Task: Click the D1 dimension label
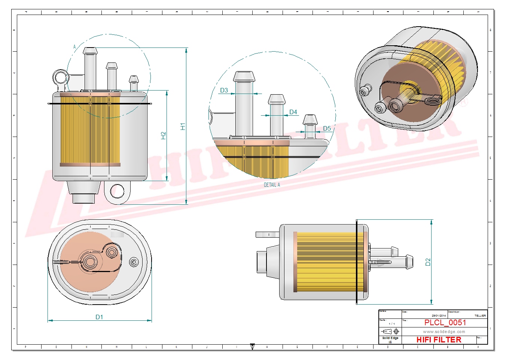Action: (x=99, y=317)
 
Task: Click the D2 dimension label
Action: (x=428, y=262)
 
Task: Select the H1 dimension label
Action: (x=183, y=126)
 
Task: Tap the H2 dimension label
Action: (x=163, y=135)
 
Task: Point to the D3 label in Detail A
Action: (x=224, y=90)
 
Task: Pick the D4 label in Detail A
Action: (x=293, y=112)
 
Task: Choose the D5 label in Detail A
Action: (x=327, y=128)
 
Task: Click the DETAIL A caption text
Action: (x=272, y=185)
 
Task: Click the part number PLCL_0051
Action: (x=445, y=323)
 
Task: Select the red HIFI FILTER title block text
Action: (x=439, y=340)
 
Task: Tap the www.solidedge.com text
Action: (x=444, y=332)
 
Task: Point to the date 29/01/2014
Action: (x=439, y=316)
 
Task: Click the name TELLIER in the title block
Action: (x=480, y=316)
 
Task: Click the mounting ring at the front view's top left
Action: (x=60, y=78)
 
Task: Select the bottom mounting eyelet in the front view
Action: (x=117, y=191)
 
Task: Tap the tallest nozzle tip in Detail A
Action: (x=244, y=76)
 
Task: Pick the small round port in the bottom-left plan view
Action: (x=134, y=262)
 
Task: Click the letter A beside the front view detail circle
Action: (x=74, y=47)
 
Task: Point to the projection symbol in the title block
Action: (x=390, y=332)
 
